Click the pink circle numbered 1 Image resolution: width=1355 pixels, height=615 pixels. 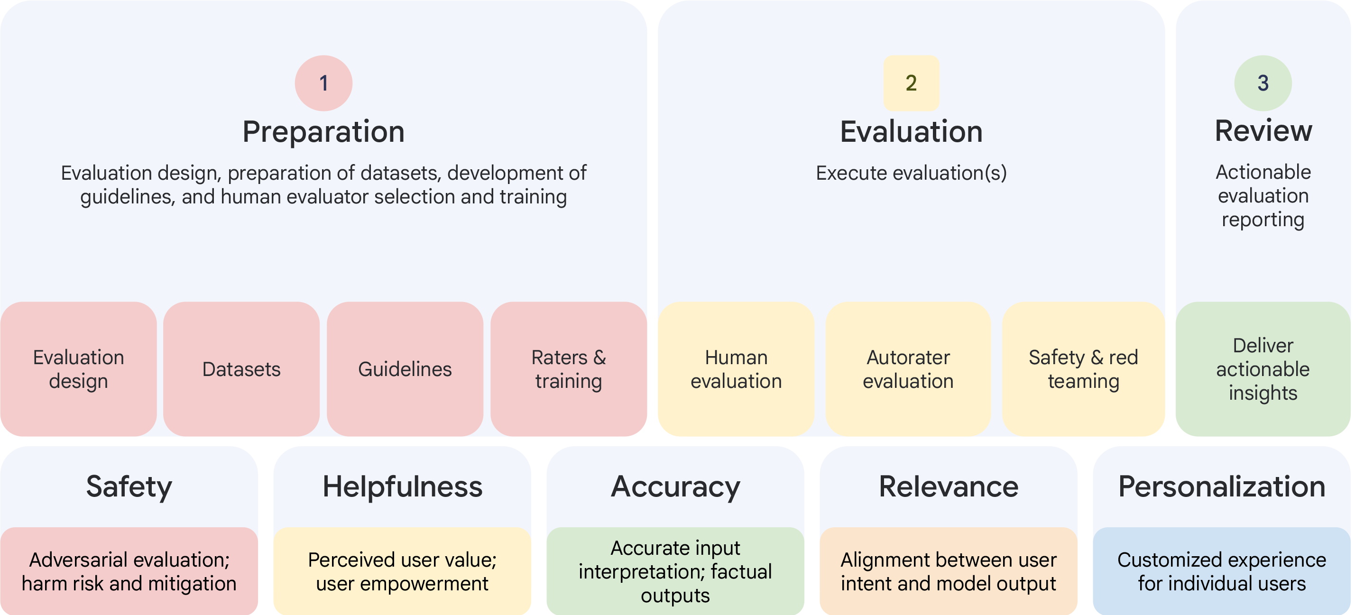[323, 83]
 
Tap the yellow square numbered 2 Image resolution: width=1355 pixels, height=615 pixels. [911, 83]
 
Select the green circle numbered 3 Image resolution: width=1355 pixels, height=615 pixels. [1263, 83]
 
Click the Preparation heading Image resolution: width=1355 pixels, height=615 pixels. [323, 131]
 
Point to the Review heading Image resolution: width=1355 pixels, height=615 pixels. [1263, 131]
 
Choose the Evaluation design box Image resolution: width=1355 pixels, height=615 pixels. [78, 369]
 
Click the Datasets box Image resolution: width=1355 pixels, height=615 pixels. [241, 369]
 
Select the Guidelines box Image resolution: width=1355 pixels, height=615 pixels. [405, 369]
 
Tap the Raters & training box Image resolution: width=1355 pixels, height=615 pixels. [569, 369]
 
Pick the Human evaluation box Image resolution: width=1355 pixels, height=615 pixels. [736, 369]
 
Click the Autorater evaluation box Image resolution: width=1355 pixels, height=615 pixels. [908, 369]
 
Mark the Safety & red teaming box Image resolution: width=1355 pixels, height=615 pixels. [1083, 369]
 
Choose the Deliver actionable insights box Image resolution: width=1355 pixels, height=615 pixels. [1263, 369]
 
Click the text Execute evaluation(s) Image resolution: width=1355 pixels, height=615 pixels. [911, 173]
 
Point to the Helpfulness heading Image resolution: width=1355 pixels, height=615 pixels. [402, 486]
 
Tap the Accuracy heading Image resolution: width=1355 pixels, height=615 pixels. [675, 486]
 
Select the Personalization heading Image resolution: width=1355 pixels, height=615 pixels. [1221, 486]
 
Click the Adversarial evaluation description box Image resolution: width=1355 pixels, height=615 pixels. [129, 571]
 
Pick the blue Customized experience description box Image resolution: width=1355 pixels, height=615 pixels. [1221, 571]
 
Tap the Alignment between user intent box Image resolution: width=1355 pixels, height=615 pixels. [949, 571]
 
